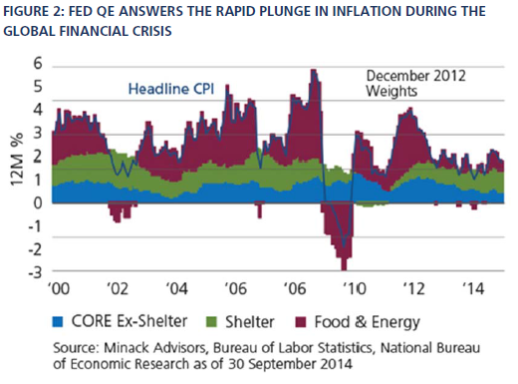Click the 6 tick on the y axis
tap(38, 63)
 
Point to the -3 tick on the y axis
tap(36, 272)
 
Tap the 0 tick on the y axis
tap(38, 202)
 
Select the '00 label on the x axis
tap(59, 288)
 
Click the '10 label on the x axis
tap(355, 288)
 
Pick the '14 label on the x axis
tap(473, 288)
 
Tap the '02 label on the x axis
tap(118, 288)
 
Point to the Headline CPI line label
tap(171, 89)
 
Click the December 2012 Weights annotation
tap(415, 83)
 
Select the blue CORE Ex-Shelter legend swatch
tap(58, 322)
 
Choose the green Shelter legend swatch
tap(211, 322)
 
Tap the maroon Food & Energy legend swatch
tap(301, 322)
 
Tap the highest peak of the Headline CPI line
tap(313, 70)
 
